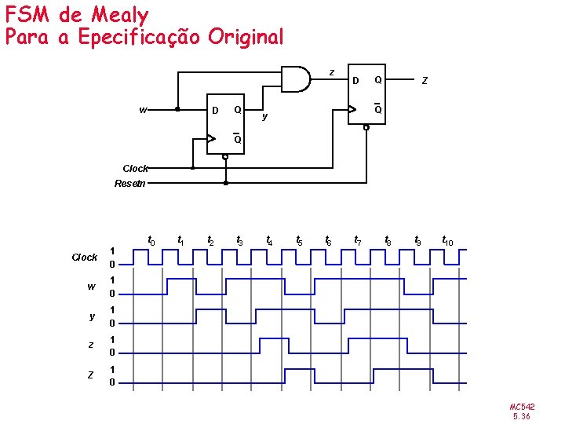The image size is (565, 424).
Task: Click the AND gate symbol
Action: (296, 79)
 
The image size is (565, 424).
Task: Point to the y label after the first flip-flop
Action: (265, 116)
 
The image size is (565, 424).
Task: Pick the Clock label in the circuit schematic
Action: (135, 168)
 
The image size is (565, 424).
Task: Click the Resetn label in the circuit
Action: (129, 184)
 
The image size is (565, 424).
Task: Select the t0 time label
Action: (151, 239)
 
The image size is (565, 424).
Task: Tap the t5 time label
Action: (299, 240)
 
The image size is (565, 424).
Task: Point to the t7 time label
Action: (358, 239)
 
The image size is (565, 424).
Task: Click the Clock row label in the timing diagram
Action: (84, 257)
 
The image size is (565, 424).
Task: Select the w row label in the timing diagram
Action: (91, 286)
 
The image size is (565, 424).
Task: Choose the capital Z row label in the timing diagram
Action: (90, 375)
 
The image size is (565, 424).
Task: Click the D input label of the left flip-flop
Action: (216, 110)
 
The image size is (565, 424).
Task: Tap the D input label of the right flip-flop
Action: (355, 79)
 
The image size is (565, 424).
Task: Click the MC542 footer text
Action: (522, 407)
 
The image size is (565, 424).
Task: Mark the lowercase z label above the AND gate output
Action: (331, 72)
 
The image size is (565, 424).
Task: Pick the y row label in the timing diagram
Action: (91, 316)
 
